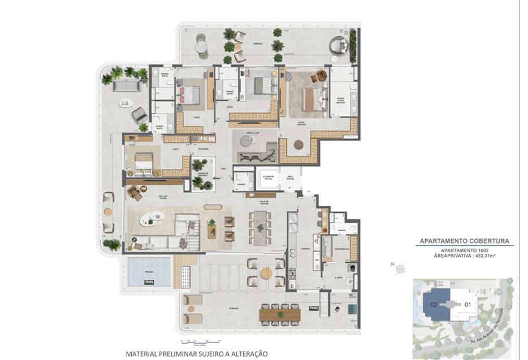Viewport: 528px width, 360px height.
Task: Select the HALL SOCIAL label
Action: [290, 177]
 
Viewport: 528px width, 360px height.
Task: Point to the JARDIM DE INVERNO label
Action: [200, 175]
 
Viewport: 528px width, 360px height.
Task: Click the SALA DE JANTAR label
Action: [263, 202]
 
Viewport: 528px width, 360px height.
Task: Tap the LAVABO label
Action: [241, 184]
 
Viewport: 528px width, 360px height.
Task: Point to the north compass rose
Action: [400, 268]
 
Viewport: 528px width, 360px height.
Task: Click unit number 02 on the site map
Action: [434, 303]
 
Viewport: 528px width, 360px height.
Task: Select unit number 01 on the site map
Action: [467, 304]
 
